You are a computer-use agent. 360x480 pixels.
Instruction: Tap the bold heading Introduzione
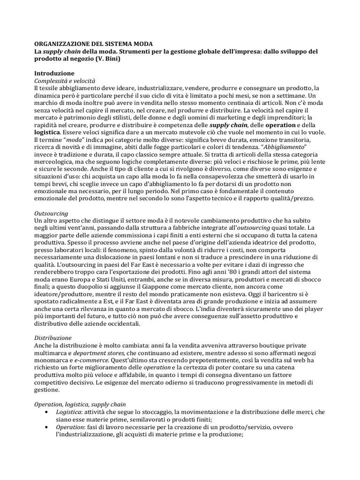click(54, 74)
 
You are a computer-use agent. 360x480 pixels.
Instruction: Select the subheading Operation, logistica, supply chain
click(80, 404)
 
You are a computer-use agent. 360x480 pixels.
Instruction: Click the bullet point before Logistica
click(46, 412)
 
